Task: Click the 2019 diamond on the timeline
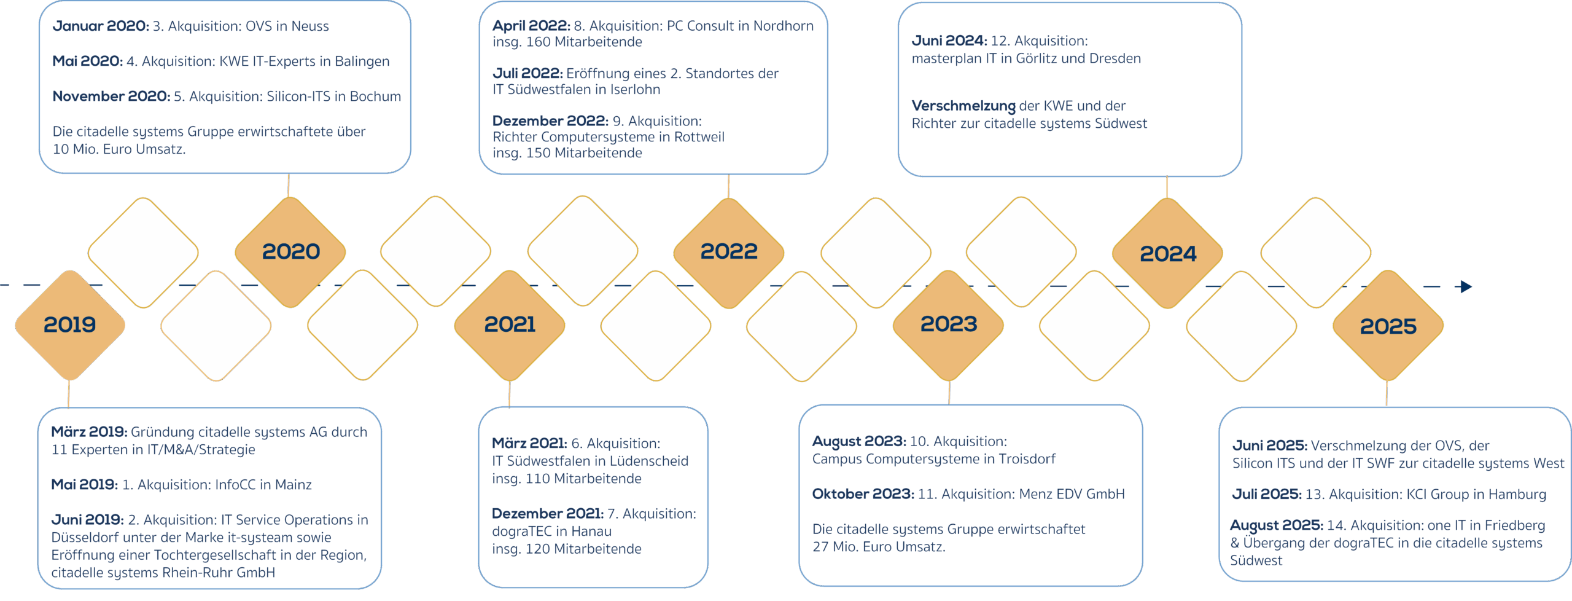(70, 324)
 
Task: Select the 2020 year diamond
(290, 251)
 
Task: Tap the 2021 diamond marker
(510, 324)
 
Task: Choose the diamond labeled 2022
(729, 251)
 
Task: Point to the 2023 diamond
(948, 324)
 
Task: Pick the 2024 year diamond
(1167, 253)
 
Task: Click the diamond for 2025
(1388, 326)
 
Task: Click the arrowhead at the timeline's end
(1466, 286)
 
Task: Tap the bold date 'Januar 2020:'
(101, 26)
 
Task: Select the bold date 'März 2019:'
(89, 432)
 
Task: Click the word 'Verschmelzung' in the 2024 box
(963, 106)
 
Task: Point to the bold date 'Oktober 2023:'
(863, 494)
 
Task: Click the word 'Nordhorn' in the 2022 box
(783, 26)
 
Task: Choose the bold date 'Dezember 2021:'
(547, 514)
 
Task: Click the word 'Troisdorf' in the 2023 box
(1027, 459)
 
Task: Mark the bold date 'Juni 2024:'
(949, 41)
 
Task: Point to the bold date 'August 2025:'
(1276, 525)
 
